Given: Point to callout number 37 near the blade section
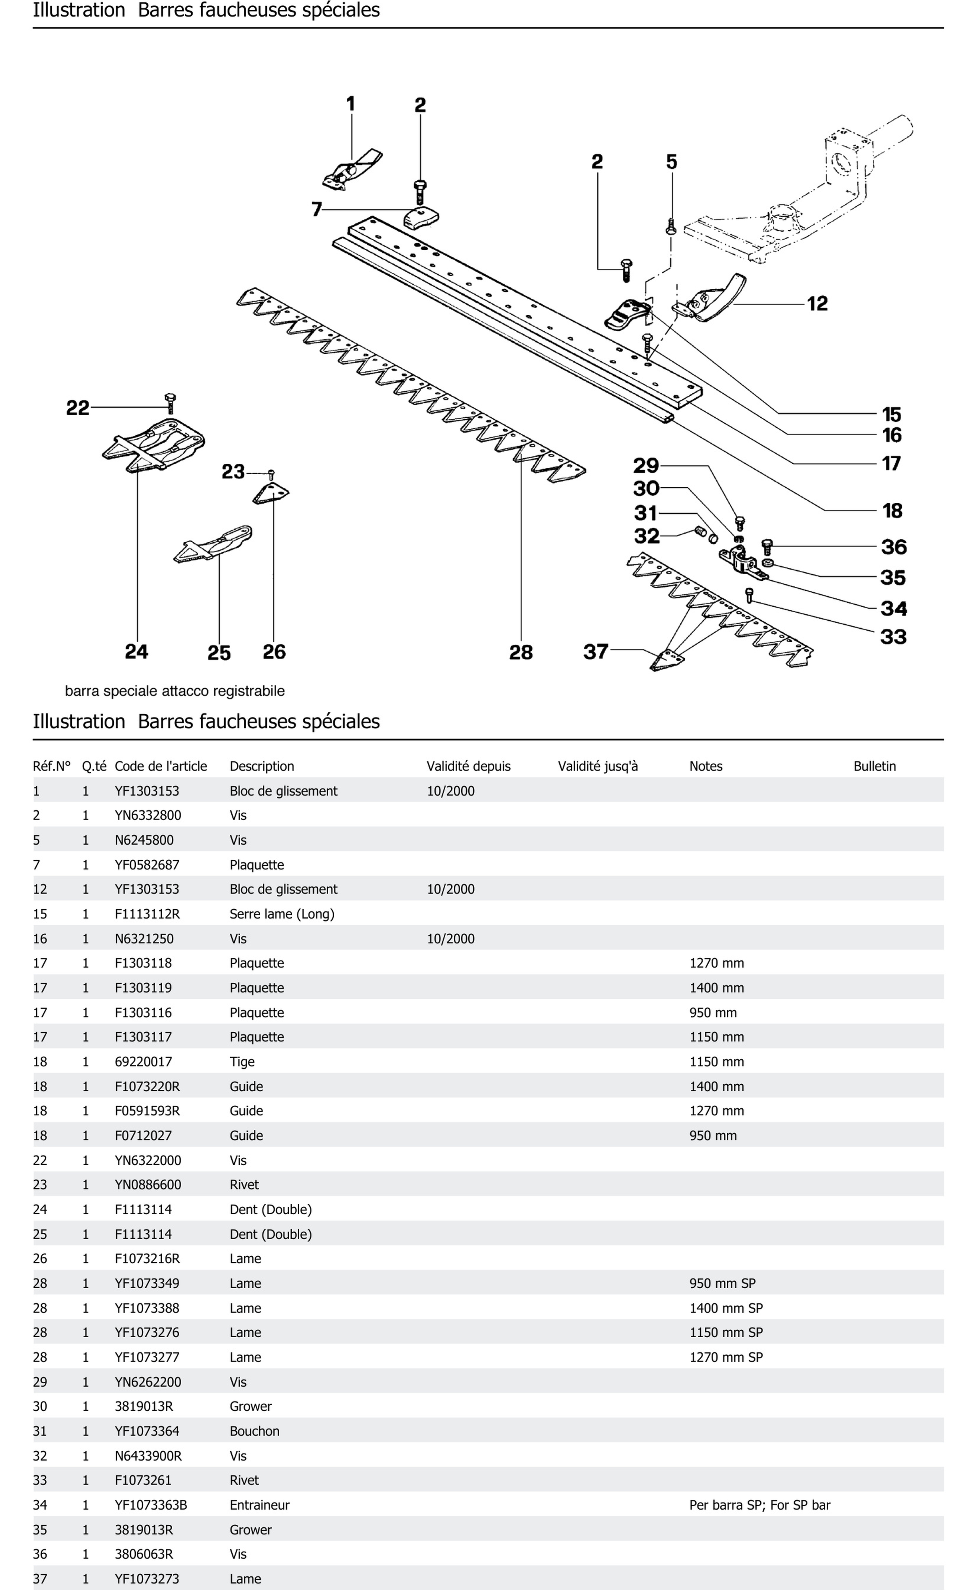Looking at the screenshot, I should [595, 651].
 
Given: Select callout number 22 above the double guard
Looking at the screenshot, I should [77, 408].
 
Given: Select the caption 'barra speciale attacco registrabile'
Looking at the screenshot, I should [174, 691].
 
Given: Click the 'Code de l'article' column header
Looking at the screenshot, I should [161, 766].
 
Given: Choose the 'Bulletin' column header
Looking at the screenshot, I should [874, 766].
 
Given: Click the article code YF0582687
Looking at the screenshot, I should [147, 864].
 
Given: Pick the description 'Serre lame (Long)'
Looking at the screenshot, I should [282, 914].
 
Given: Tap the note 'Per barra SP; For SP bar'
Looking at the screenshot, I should [759, 1505].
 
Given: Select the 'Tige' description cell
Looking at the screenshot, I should [242, 1062].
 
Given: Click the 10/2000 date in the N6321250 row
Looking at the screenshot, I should [450, 939].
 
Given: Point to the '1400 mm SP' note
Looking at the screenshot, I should [726, 1308].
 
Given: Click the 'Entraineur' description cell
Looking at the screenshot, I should [259, 1505].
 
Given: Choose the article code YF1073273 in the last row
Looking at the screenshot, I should [147, 1578].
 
